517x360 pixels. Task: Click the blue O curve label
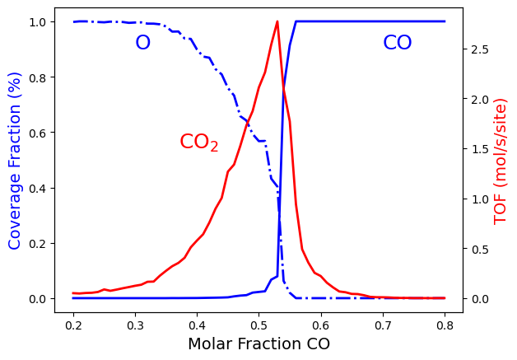click(x=142, y=44)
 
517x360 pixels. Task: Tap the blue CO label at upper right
click(x=398, y=44)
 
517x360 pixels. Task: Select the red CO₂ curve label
click(x=199, y=143)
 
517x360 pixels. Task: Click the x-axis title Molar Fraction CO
click(x=258, y=344)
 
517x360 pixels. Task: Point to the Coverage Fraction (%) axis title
click(x=15, y=171)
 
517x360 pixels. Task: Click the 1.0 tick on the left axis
click(x=37, y=21)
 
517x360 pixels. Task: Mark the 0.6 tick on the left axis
click(x=37, y=133)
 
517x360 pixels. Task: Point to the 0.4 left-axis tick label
click(x=37, y=188)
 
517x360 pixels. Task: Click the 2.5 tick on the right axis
click(x=477, y=49)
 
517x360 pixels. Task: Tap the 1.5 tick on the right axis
click(x=477, y=149)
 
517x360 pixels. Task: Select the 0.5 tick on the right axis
click(x=477, y=249)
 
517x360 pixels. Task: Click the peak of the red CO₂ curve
click(x=277, y=21)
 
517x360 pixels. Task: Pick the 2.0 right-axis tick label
click(x=477, y=100)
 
